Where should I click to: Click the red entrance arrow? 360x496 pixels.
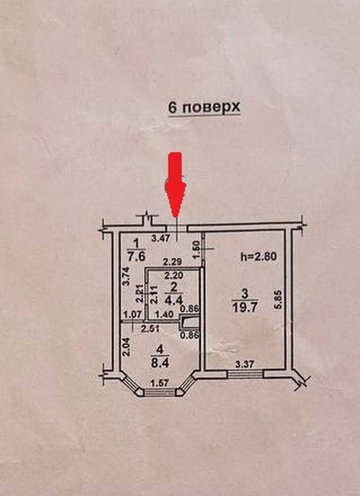pyautogui.click(x=176, y=184)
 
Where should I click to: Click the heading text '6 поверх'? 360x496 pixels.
pyautogui.click(x=204, y=107)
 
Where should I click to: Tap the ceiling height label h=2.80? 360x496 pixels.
pyautogui.click(x=259, y=257)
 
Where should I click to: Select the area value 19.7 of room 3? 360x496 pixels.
pyautogui.click(x=245, y=307)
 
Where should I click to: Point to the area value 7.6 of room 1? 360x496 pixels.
pyautogui.click(x=137, y=256)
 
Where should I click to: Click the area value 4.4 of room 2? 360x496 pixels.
pyautogui.click(x=173, y=299)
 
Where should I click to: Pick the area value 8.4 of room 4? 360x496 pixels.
pyautogui.click(x=161, y=363)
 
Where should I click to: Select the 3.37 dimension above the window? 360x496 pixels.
pyautogui.click(x=244, y=366)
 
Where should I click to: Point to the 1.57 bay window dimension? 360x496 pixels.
pyautogui.click(x=159, y=383)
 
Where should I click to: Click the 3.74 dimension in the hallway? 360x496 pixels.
pyautogui.click(x=126, y=275)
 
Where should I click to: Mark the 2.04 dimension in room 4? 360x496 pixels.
pyautogui.click(x=127, y=346)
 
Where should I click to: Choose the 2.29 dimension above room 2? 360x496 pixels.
pyautogui.click(x=171, y=262)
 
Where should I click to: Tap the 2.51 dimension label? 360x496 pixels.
pyautogui.click(x=150, y=329)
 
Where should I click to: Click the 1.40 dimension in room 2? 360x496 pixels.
pyautogui.click(x=164, y=315)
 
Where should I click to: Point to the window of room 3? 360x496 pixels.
pyautogui.click(x=245, y=374)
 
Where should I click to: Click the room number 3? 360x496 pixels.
pyautogui.click(x=244, y=294)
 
